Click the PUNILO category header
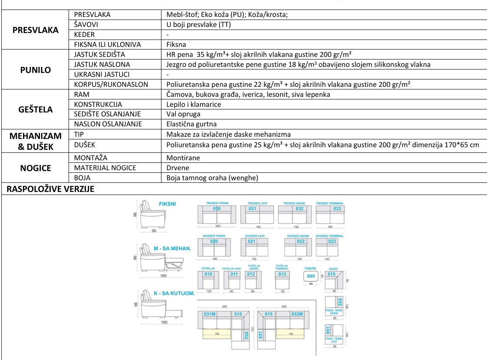[35, 70]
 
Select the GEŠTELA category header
[35, 109]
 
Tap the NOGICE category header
[35, 168]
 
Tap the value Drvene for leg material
[178, 168]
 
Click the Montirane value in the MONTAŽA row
[183, 158]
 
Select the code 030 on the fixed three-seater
[217, 209]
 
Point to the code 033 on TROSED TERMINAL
[337, 209]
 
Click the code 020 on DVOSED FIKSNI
[214, 241]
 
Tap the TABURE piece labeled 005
[311, 276]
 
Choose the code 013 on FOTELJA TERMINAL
[282, 274]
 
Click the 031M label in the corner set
[210, 314]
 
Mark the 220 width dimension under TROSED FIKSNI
[217, 226]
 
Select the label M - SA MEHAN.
[172, 248]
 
